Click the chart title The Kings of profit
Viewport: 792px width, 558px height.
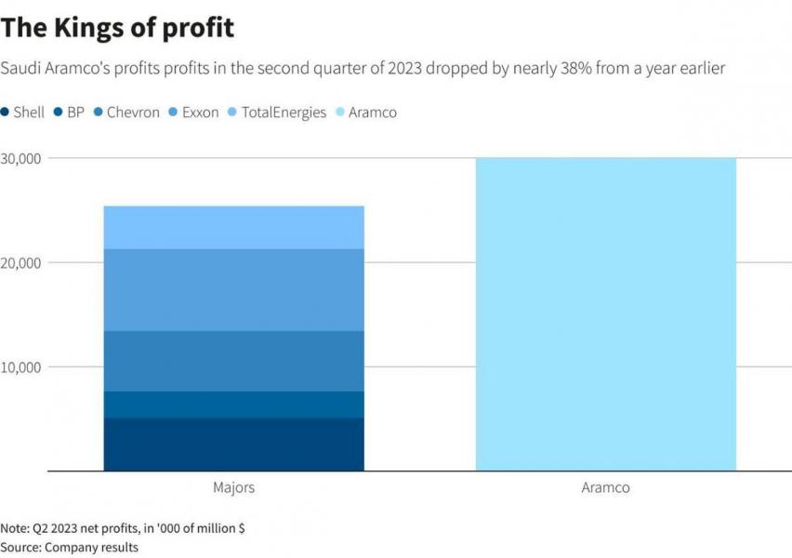tap(117, 27)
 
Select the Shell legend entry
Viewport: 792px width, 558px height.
tap(23, 113)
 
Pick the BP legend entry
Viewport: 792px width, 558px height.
tap(71, 113)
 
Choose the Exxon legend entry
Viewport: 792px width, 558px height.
tap(194, 113)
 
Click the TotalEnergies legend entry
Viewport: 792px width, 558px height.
tap(277, 113)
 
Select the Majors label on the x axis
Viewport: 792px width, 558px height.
tap(233, 487)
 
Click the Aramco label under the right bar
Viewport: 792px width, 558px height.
tap(605, 487)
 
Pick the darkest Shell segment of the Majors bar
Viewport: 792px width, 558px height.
tap(233, 445)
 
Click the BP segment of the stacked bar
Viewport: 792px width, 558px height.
tap(233, 405)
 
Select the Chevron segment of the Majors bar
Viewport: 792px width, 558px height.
tap(233, 361)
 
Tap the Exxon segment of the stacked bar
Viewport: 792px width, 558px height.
tap(233, 290)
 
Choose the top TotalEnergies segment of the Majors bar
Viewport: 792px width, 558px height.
tap(233, 228)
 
